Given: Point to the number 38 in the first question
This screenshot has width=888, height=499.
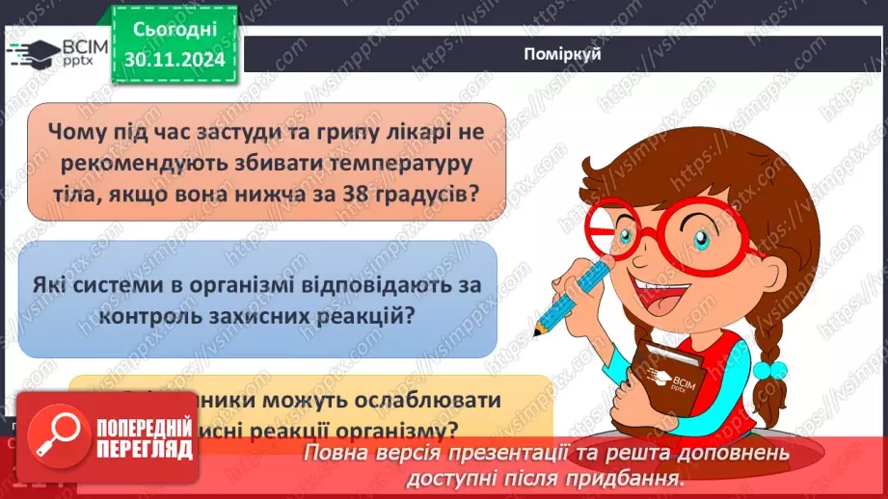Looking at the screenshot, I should pyautogui.click(x=381, y=192).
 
